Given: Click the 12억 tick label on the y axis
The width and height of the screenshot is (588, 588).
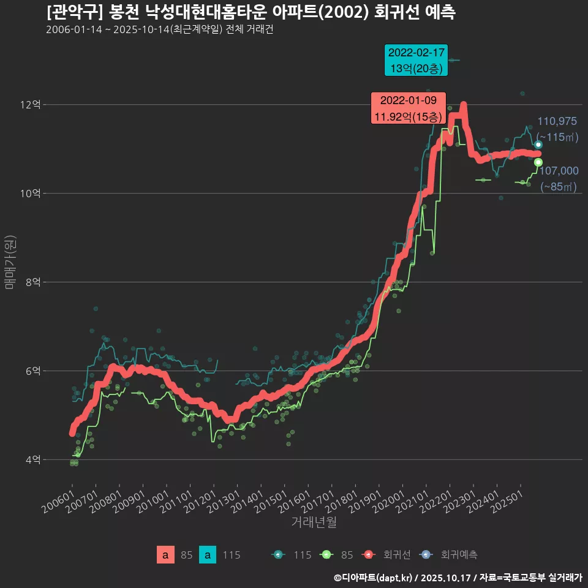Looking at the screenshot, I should click(30, 105).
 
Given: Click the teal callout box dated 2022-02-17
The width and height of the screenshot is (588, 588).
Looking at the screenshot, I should click(416, 60).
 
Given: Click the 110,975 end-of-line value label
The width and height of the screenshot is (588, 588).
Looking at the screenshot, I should click(557, 121).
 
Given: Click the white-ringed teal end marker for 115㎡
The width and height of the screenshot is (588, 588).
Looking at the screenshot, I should click(538, 145).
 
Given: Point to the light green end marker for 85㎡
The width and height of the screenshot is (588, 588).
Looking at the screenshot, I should click(538, 162).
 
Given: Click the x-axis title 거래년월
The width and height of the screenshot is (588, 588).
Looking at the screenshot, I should click(314, 522).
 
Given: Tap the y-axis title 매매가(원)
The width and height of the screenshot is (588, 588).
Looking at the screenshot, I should click(10, 262).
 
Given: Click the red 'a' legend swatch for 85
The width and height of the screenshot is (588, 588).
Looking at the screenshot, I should click(164, 555).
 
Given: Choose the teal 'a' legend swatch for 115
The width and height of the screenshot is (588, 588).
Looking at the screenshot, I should click(208, 555).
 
